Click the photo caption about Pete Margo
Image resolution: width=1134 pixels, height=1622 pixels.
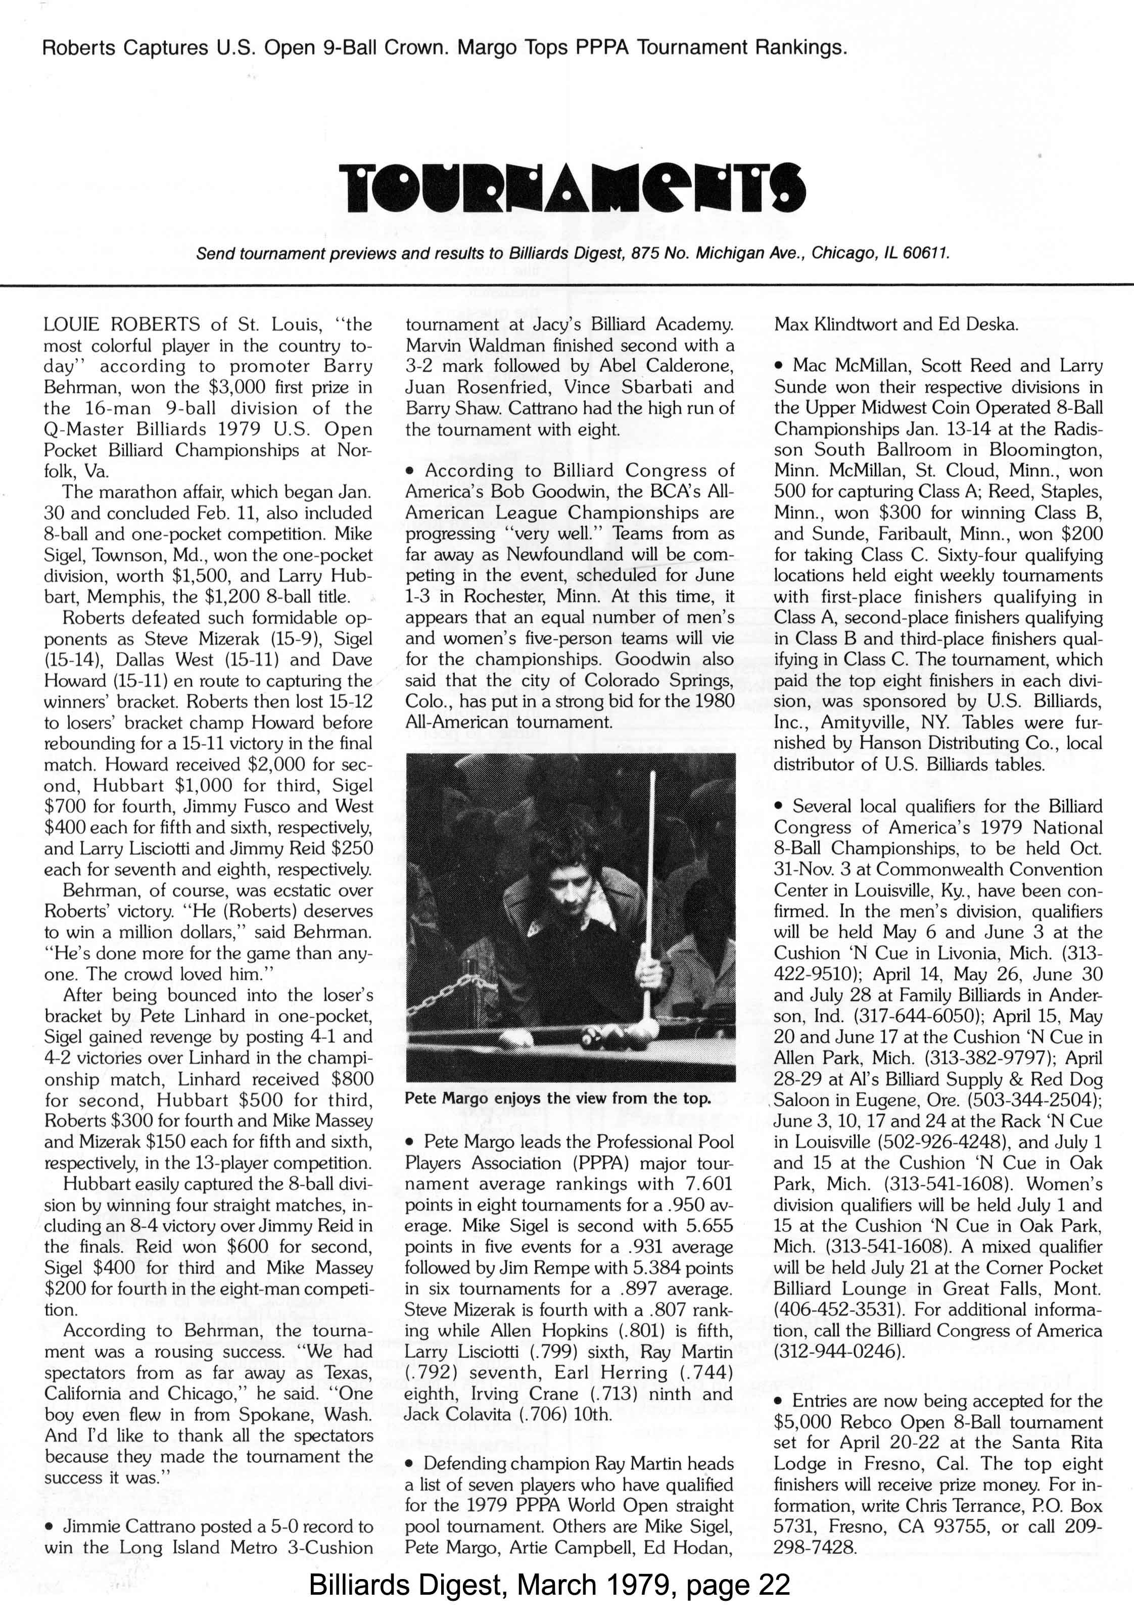coord(557,1099)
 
